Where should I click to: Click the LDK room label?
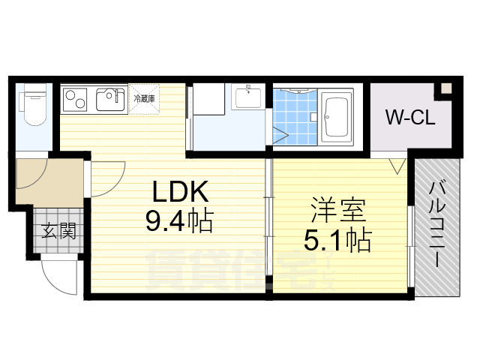click(180, 193)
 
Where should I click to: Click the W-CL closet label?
click(406, 117)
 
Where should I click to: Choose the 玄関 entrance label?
click(58, 231)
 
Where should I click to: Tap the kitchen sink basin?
click(111, 98)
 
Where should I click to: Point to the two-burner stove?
click(76, 98)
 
